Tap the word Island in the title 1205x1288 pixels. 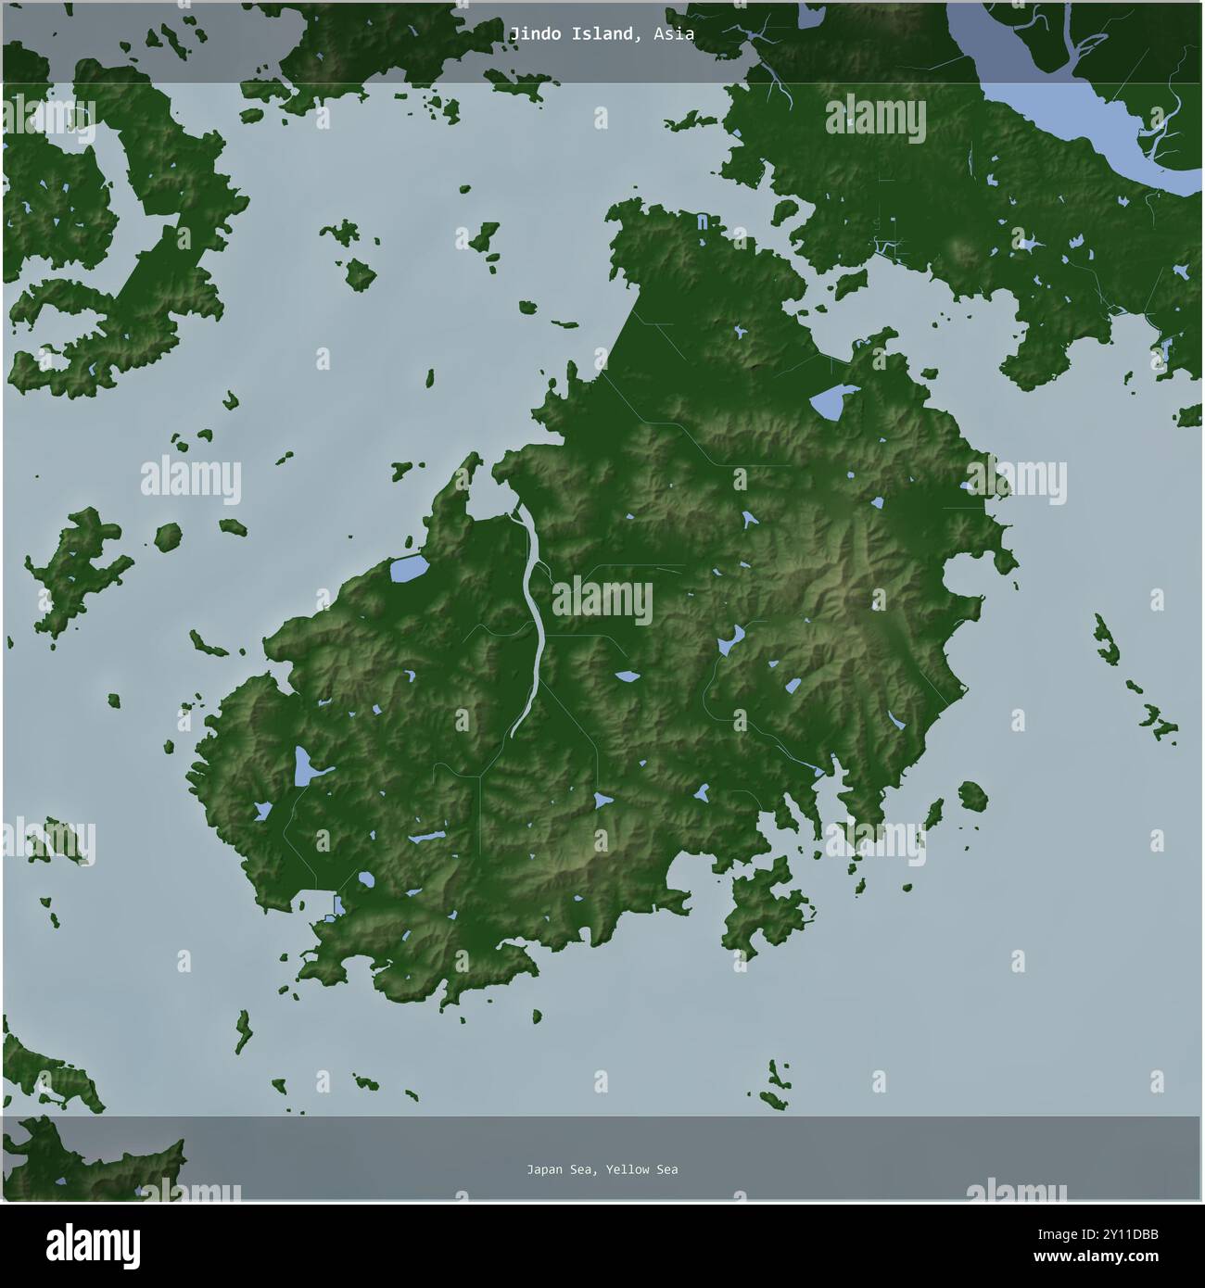tap(606, 34)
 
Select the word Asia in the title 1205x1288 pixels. tap(673, 34)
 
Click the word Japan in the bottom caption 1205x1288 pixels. tap(544, 1169)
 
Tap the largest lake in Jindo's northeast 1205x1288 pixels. tap(827, 402)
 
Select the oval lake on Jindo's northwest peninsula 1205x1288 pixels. tap(407, 570)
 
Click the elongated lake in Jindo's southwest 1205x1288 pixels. tap(303, 767)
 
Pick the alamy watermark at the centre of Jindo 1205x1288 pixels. tap(602, 601)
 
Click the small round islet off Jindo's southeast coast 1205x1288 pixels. tap(972, 795)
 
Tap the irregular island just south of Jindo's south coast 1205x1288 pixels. tap(767, 903)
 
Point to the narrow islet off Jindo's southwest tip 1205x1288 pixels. tap(244, 1030)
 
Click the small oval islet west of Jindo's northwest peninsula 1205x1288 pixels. tap(168, 537)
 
